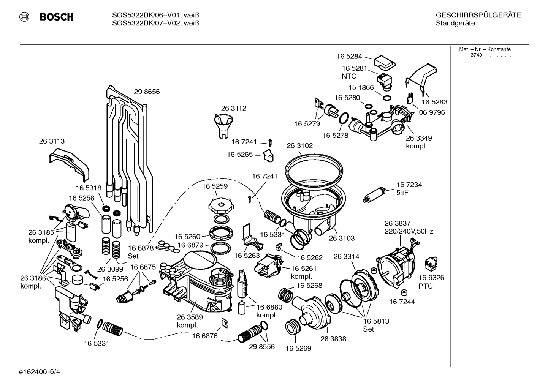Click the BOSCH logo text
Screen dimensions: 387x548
point(57,17)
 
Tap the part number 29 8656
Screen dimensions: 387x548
point(147,92)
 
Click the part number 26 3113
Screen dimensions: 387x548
point(52,141)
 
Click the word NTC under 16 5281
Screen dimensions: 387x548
point(349,76)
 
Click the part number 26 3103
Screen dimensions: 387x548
point(341,239)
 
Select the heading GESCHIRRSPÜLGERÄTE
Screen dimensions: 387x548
point(478,16)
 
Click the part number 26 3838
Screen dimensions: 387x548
point(333,339)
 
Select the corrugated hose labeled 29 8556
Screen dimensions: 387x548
point(249,334)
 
